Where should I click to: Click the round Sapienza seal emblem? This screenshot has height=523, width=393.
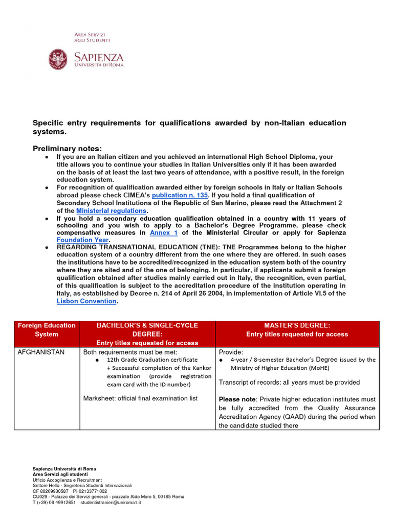click(58, 59)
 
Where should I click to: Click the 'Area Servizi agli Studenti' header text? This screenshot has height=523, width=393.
click(92, 37)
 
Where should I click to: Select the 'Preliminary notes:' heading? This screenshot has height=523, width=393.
click(68, 148)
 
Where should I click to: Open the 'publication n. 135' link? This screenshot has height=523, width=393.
click(180, 195)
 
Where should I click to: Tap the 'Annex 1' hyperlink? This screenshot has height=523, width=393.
click(164, 232)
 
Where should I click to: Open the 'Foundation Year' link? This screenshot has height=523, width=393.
click(82, 240)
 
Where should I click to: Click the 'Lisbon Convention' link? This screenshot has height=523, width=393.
click(86, 301)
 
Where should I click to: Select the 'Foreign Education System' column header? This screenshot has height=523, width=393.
click(47, 330)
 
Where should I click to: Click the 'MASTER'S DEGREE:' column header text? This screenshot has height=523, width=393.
click(297, 325)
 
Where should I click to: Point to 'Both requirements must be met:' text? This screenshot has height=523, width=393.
click(130, 352)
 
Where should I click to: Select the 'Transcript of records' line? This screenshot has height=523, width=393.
click(289, 382)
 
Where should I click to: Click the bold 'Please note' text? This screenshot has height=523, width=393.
click(237, 399)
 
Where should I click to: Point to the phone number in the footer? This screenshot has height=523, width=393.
click(54, 502)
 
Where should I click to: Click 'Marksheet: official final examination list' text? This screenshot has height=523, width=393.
click(140, 398)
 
